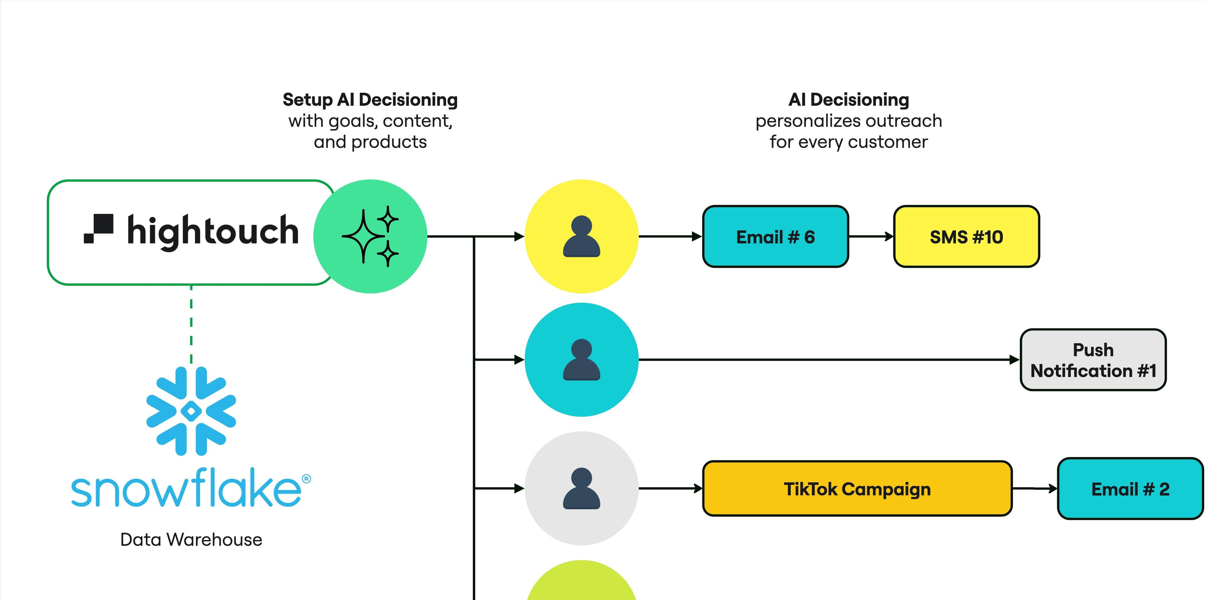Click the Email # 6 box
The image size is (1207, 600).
pos(775,237)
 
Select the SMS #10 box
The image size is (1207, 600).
pos(966,237)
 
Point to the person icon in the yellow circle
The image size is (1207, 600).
pos(581,237)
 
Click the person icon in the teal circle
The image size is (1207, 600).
pos(581,360)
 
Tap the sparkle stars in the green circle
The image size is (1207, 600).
pos(370,237)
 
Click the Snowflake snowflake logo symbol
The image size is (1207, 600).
pos(191,411)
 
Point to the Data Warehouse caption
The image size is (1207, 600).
pos(191,540)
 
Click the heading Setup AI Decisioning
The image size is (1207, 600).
pos(370,100)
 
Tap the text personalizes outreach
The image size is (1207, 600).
pos(849,121)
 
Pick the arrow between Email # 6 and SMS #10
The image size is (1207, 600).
pos(871,237)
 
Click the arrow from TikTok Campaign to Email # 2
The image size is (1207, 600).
pos(1034,488)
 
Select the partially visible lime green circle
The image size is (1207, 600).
pos(581,583)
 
